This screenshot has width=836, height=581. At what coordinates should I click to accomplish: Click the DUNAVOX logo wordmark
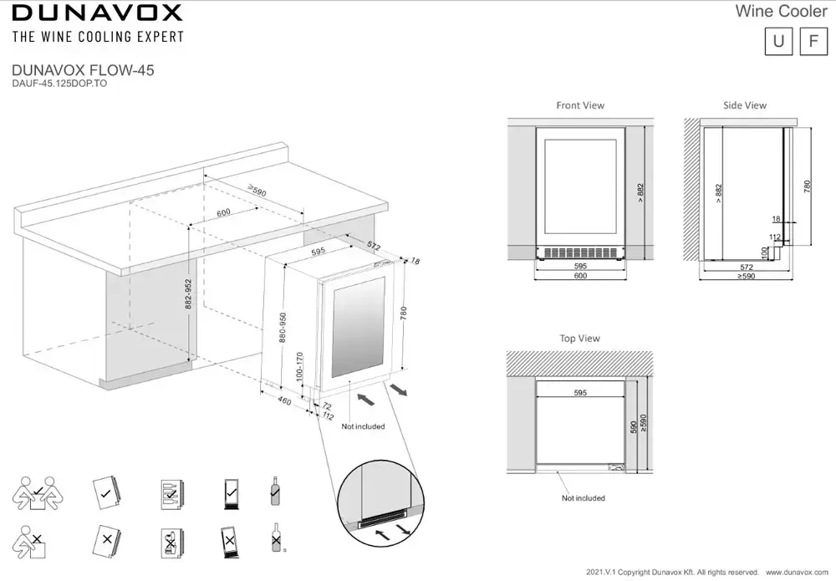coord(97,13)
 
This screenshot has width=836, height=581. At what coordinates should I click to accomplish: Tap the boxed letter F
coord(813,42)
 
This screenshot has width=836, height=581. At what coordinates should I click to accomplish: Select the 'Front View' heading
coord(580,105)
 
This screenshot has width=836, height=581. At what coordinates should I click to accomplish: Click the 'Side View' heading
coord(745,105)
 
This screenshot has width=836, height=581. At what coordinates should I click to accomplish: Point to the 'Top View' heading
coord(580,339)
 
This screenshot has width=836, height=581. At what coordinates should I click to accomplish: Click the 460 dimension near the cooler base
coord(284,402)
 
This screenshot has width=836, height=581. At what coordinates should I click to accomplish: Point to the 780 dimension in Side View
coord(807,186)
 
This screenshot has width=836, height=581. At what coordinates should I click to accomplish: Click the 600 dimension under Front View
coord(580,276)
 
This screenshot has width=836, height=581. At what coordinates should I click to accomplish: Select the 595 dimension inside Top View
coord(580,392)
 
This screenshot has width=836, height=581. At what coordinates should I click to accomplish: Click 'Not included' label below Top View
coord(584,498)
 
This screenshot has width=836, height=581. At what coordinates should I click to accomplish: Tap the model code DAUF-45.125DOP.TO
coord(59,84)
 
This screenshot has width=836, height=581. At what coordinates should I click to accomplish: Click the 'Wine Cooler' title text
coord(780,11)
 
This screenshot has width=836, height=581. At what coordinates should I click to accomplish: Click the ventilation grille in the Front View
coord(580,252)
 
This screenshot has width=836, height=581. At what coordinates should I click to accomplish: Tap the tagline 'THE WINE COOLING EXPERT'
coord(97,37)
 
